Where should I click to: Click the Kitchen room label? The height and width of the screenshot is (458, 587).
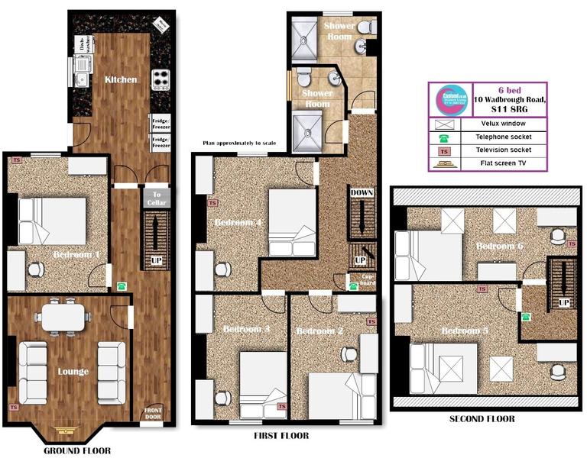click(121, 79)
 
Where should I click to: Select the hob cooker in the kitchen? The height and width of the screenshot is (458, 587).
click(161, 79)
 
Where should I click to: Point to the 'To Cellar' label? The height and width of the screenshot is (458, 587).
click(156, 198)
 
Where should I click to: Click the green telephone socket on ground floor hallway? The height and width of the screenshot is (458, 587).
click(122, 286)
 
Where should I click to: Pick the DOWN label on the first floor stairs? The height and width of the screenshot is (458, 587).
click(362, 193)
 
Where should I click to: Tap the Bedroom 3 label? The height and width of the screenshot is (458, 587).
click(246, 329)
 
